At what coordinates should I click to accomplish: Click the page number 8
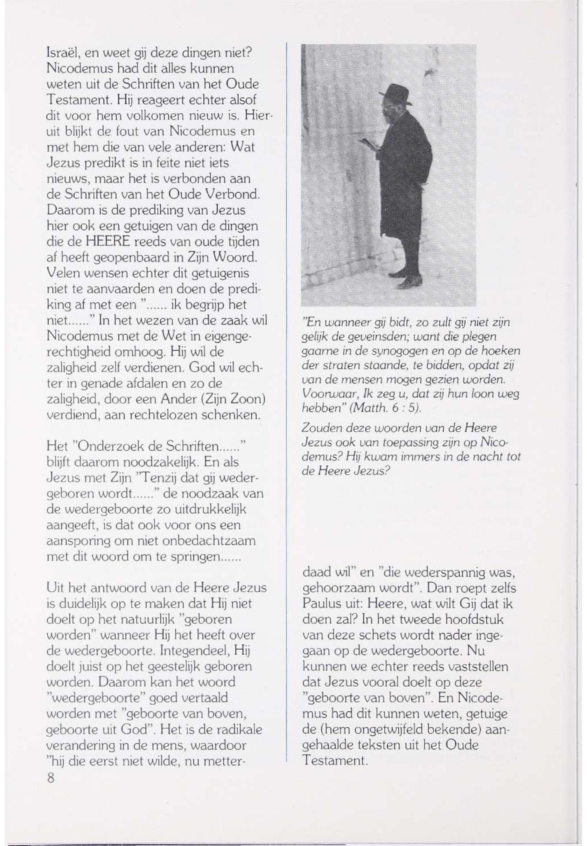(x=51, y=778)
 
